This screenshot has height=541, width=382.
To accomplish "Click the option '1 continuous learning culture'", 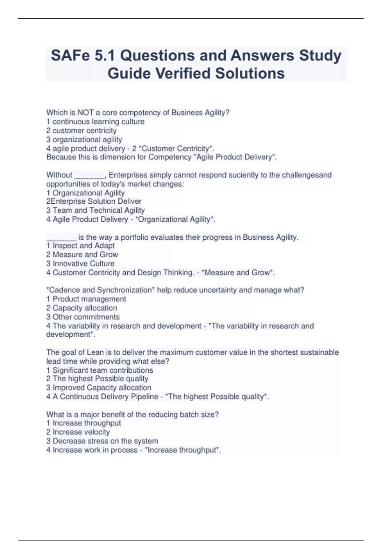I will [x=95, y=122].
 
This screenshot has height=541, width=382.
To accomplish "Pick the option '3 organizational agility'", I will [x=84, y=139].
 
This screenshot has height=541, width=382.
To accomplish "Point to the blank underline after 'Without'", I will [x=89, y=176].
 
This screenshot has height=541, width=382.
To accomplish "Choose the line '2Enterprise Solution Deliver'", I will [x=94, y=201].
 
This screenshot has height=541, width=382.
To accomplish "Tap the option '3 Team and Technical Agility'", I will [x=95, y=210].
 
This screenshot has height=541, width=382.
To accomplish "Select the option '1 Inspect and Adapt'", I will [x=80, y=246].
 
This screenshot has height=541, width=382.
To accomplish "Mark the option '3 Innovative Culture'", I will [x=80, y=263].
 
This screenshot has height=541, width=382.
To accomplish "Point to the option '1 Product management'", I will [x=86, y=299].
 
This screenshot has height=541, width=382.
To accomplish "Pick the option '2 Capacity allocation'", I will [x=81, y=308].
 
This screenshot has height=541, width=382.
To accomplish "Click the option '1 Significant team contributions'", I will [x=99, y=370].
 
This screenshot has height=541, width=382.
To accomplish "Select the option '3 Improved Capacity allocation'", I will [x=98, y=388].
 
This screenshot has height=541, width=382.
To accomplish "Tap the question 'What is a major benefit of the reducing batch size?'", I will [x=132, y=415].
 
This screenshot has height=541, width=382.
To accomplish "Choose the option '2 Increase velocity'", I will [x=78, y=432].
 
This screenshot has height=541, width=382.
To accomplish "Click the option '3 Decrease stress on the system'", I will [x=102, y=441].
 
